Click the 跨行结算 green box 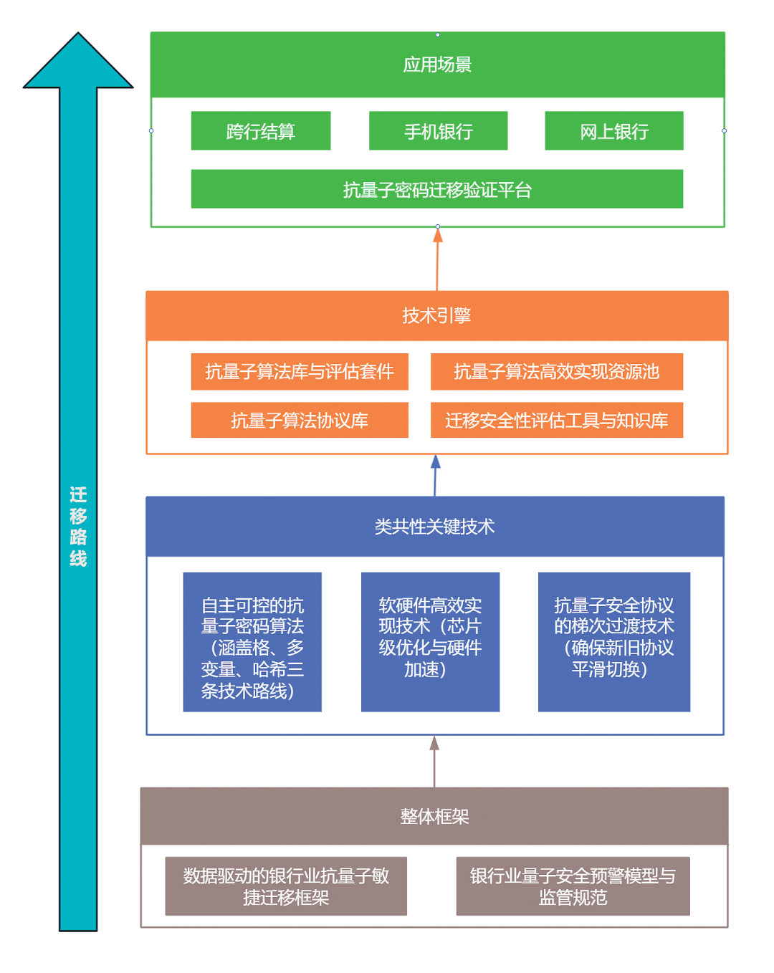point(261,131)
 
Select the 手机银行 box point(438,131)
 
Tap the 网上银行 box point(614,131)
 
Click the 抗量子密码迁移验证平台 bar point(437,189)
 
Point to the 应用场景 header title point(437,64)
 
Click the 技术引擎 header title point(436,315)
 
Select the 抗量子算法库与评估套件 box point(300,371)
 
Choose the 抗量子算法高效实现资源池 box point(557,371)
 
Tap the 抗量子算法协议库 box point(300,420)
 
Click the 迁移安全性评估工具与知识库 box point(557,420)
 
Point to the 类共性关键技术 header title point(434,527)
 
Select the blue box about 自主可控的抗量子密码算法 point(252,642)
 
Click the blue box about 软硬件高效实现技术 point(430,642)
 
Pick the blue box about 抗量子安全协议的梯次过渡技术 point(614,642)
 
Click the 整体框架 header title point(434,816)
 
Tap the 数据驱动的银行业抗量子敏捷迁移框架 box point(286,886)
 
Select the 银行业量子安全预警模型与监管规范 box point(573,886)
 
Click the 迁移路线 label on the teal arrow point(78,527)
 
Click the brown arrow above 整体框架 point(434,762)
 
